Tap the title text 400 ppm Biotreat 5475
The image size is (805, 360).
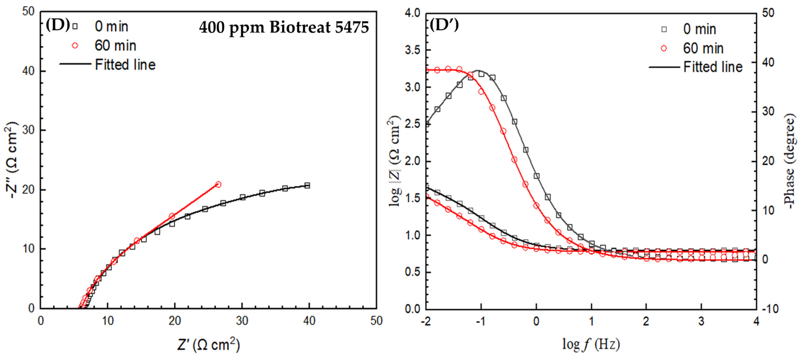(284, 27)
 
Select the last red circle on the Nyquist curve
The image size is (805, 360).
(218, 184)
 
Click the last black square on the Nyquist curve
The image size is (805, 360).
(307, 185)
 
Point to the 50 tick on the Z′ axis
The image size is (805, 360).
(376, 321)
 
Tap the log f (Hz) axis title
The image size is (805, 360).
(591, 344)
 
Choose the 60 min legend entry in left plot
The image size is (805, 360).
(115, 46)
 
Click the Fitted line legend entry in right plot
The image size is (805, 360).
(713, 67)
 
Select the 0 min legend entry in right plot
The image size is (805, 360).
(699, 29)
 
